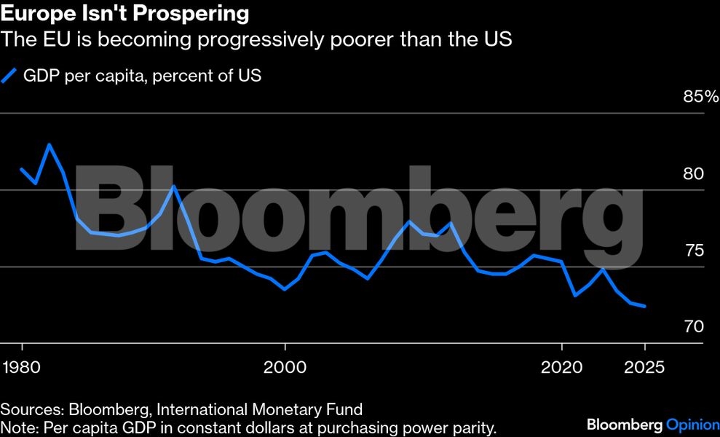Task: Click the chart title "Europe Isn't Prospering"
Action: click(125, 13)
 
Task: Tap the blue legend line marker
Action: click(9, 76)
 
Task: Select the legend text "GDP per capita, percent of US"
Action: click(143, 76)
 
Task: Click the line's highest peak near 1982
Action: click(50, 144)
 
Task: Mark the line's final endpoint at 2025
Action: click(645, 307)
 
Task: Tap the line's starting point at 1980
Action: click(22, 169)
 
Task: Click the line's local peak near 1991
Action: click(173, 186)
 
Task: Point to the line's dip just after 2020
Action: click(575, 295)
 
